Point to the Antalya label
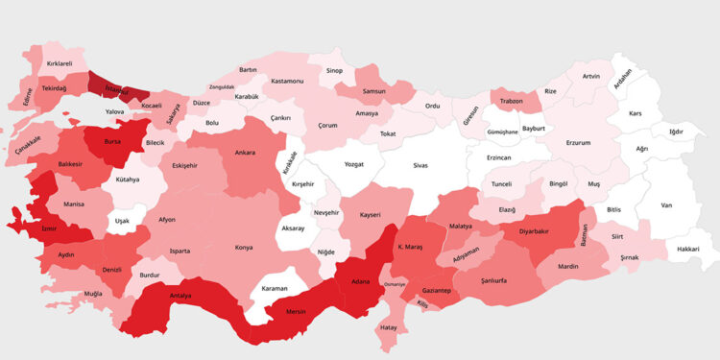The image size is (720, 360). (180, 296)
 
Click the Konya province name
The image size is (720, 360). (244, 248)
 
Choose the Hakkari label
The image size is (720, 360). (688, 249)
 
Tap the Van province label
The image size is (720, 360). (666, 205)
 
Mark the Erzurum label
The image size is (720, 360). (578, 142)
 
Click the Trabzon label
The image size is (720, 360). (512, 101)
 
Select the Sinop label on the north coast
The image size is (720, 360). (334, 70)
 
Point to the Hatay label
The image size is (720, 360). (388, 327)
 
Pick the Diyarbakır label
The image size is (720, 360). (528, 231)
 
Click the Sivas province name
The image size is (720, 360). (420, 166)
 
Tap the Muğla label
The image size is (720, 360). (93, 293)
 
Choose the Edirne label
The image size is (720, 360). (27, 96)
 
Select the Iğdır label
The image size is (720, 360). (675, 131)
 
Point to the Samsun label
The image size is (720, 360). (373, 92)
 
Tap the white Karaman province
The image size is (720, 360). (276, 288)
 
